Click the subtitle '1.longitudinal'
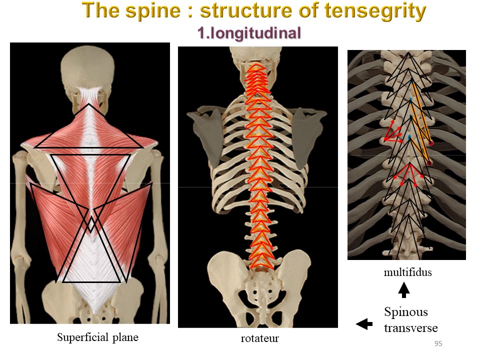click(x=249, y=33)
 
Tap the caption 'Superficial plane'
click(x=97, y=337)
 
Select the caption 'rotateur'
click(x=259, y=338)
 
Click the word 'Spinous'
click(x=406, y=312)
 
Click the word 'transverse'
click(x=411, y=328)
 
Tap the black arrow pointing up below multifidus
click(x=404, y=289)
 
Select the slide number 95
click(x=438, y=344)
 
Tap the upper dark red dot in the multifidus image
click(x=430, y=143)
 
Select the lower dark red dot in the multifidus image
click(x=429, y=163)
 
